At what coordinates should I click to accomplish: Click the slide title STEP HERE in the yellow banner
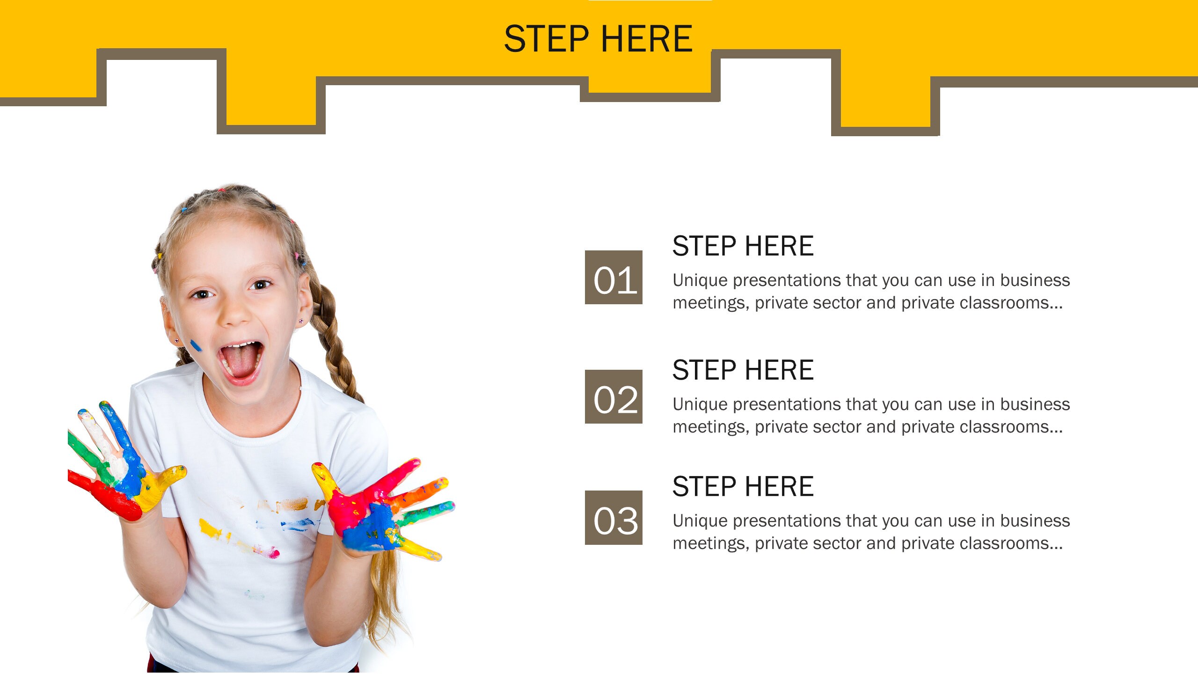pyautogui.click(x=598, y=39)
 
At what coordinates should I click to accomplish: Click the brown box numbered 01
pyautogui.click(x=614, y=278)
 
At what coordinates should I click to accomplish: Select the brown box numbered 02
pyautogui.click(x=614, y=397)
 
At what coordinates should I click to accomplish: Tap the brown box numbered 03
pyautogui.click(x=614, y=518)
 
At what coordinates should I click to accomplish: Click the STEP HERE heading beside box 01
pyautogui.click(x=743, y=246)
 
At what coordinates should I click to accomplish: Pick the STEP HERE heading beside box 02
pyautogui.click(x=743, y=370)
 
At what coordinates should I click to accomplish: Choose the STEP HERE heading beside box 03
pyautogui.click(x=743, y=486)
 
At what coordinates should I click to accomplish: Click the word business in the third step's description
pyautogui.click(x=1035, y=520)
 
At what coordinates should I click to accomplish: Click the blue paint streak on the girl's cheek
pyautogui.click(x=196, y=346)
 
